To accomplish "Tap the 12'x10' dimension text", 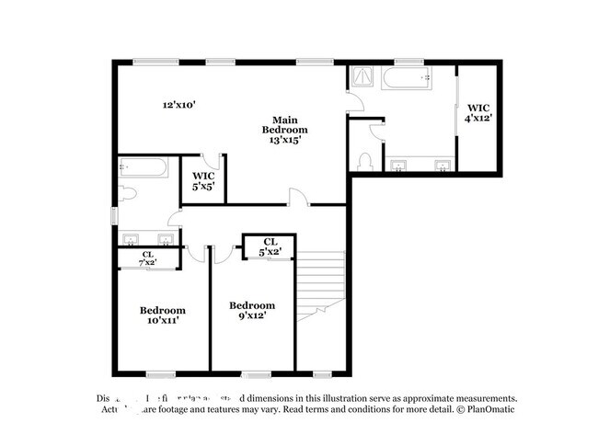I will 178,105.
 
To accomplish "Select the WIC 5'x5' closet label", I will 203,180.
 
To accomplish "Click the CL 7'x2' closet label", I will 147,258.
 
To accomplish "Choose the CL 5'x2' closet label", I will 269,246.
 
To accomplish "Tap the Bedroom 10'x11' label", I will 162,315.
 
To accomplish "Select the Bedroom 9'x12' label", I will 251,311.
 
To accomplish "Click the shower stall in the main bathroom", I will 361,78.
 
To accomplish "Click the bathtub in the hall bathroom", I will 143,168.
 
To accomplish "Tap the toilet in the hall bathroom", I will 128,195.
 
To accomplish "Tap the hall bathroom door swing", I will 173,217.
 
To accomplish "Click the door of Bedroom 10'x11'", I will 192,253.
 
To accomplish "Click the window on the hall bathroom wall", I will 113,215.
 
